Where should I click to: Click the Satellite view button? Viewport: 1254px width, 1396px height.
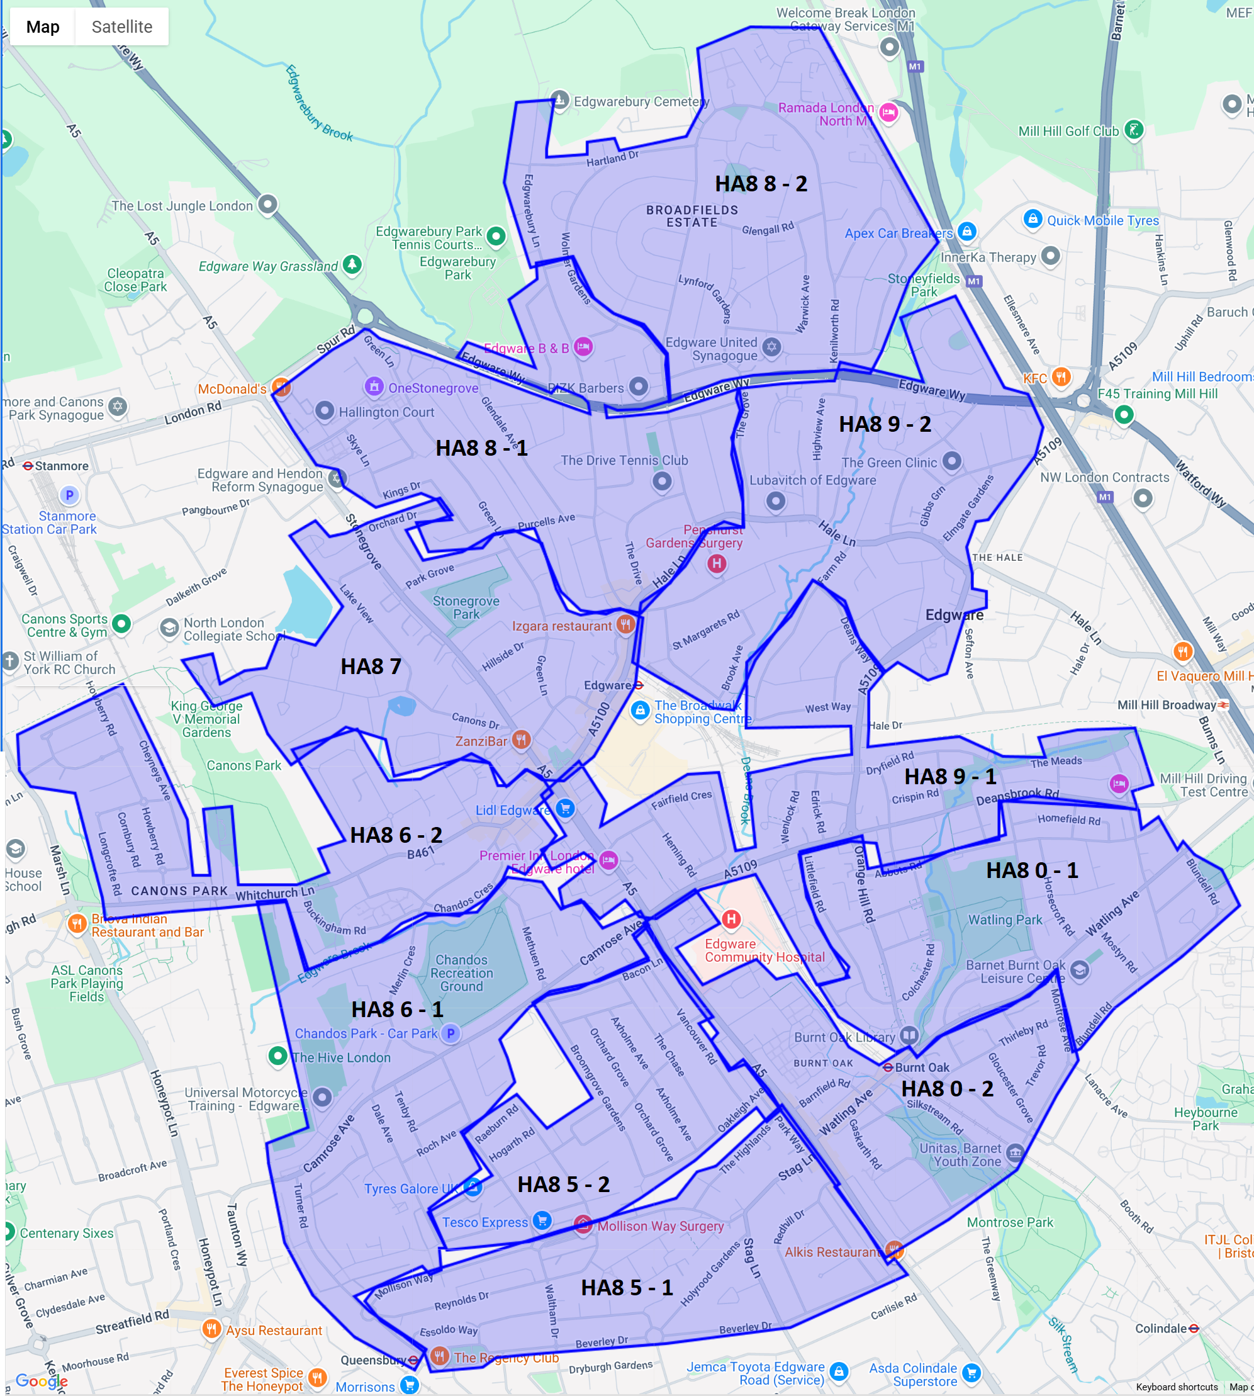point(122,27)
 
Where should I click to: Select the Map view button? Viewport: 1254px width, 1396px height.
point(43,27)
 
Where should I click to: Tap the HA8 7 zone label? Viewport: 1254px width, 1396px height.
point(371,667)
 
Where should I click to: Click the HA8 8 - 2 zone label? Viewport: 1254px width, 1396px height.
point(761,183)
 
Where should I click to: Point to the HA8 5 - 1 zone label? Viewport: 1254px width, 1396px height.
point(626,1287)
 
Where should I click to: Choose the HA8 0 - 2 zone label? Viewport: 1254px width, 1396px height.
point(947,1088)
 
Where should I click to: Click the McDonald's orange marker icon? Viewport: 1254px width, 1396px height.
point(281,386)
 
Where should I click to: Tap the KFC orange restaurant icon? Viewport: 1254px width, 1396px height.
point(1061,377)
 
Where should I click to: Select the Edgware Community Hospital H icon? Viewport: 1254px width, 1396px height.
point(731,918)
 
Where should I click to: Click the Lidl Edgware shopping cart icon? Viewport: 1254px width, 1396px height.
point(565,808)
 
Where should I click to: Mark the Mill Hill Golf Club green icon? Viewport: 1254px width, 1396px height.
point(1133,130)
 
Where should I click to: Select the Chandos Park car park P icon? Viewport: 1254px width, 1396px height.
point(451,1033)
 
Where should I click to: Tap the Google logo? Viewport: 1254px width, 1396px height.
point(42,1380)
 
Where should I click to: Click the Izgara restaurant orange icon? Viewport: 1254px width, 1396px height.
point(625,624)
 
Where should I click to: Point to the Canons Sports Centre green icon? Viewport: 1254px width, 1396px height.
point(121,624)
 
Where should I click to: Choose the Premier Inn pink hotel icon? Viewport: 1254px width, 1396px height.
point(608,859)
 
